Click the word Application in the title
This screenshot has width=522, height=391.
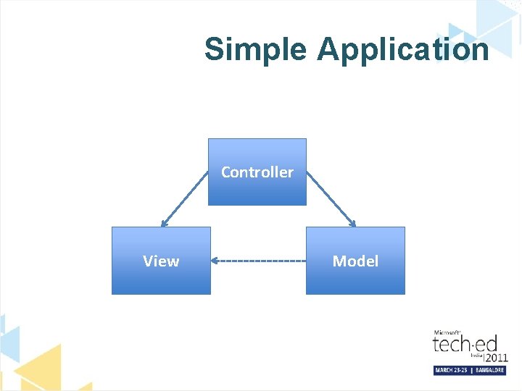[x=402, y=50]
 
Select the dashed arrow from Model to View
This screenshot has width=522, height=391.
[x=261, y=261]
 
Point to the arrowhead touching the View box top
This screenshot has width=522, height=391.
[x=164, y=224]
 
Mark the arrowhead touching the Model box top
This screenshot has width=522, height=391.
[x=352, y=224]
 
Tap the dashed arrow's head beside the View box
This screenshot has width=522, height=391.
[x=215, y=261]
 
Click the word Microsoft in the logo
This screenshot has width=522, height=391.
[x=447, y=332]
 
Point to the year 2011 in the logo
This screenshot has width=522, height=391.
[x=496, y=358]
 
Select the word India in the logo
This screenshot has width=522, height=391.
[x=476, y=355]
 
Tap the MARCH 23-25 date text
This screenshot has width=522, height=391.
[x=452, y=370]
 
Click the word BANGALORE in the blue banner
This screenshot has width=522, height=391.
[x=489, y=370]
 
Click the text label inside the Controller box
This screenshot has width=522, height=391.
[x=257, y=172]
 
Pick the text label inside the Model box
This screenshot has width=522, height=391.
[x=355, y=261]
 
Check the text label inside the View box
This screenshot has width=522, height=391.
[x=161, y=261]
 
